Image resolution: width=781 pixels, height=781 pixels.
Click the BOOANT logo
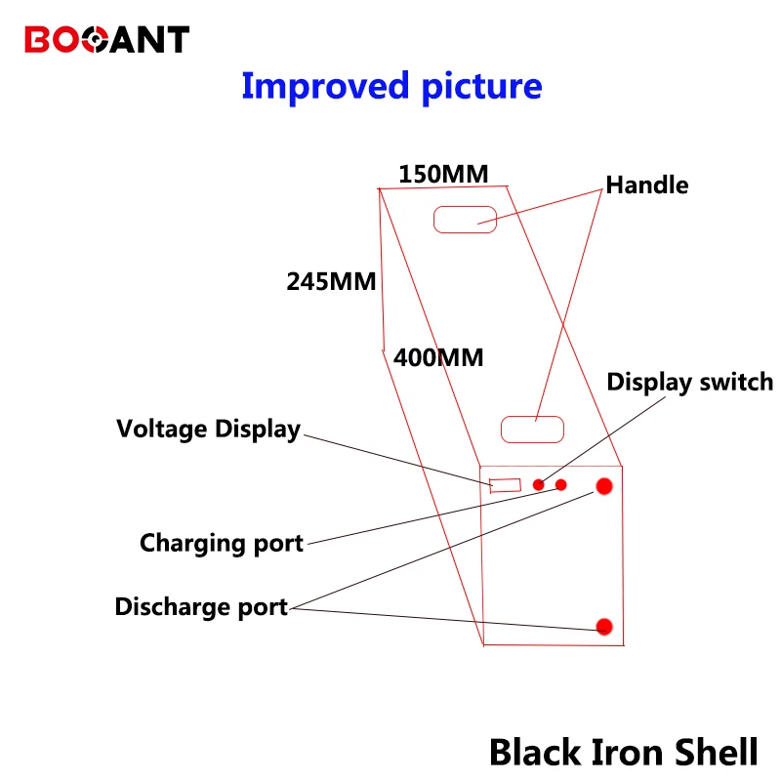106,39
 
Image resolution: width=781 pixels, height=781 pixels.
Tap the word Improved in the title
325,87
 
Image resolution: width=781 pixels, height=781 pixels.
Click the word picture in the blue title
481,88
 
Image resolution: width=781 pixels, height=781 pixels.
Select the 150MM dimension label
443,175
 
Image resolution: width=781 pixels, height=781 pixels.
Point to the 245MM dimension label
331,281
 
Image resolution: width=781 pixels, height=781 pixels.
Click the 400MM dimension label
438,357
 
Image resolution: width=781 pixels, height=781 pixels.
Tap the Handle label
647,185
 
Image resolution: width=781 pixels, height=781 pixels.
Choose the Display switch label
690,383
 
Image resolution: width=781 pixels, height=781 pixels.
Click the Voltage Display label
208,430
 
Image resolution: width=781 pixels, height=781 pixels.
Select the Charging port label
222,544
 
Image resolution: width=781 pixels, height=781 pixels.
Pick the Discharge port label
201,607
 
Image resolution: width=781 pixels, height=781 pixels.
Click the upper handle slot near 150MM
466,206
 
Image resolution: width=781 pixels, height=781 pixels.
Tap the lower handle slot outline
532,416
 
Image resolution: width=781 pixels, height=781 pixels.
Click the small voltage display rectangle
505,479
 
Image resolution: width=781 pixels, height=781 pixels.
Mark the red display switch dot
539,484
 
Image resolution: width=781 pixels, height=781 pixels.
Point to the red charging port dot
560,484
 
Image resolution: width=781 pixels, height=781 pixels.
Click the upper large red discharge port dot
604,486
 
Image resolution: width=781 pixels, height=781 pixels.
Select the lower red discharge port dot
604,627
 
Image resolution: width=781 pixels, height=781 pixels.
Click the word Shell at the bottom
717,752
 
